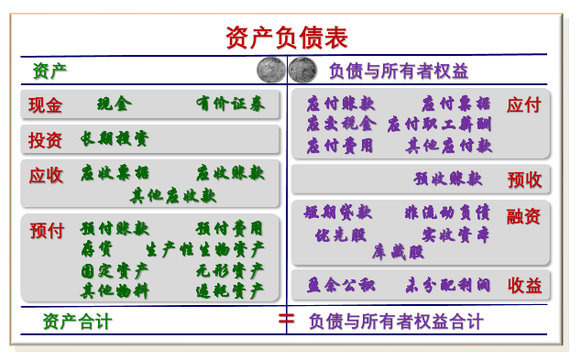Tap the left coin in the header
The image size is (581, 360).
click(x=271, y=70)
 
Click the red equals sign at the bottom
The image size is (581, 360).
click(x=286, y=320)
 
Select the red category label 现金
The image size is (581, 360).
click(x=46, y=105)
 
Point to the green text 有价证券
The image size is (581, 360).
click(x=229, y=104)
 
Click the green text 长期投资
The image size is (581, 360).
click(x=114, y=138)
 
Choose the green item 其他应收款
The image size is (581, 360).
click(x=173, y=194)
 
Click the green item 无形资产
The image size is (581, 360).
click(x=229, y=270)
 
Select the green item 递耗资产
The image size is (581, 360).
click(x=229, y=290)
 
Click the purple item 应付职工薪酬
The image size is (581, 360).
click(x=439, y=124)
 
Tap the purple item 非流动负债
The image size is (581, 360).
click(x=446, y=213)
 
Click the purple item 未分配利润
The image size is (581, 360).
click(x=446, y=286)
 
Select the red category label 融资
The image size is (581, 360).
click(x=523, y=217)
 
